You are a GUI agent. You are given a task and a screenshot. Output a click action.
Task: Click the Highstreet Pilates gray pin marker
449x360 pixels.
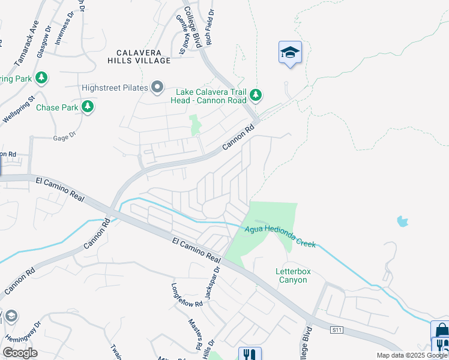click(x=157, y=88)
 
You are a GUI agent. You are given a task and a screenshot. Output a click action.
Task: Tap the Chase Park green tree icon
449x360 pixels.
click(x=88, y=107)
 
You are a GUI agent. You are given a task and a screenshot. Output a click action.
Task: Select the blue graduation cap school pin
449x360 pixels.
click(x=290, y=53)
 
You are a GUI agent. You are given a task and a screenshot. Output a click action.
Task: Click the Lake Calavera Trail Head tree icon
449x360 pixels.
click(x=256, y=95)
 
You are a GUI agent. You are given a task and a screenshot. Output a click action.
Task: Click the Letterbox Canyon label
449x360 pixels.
click(x=293, y=275)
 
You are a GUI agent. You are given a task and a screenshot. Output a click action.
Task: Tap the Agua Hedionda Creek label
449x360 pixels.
click(x=279, y=231)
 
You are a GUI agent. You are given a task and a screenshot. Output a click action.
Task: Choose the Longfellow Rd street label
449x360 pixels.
click(x=187, y=295)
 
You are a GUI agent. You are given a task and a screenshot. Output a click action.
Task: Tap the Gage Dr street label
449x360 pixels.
click(x=65, y=136)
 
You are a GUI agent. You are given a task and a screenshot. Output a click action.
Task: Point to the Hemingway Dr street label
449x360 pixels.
click(x=31, y=335)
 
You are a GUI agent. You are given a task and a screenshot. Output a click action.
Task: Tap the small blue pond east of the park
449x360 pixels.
click(x=402, y=221)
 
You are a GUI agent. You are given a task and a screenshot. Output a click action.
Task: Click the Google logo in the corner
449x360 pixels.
click(x=20, y=353)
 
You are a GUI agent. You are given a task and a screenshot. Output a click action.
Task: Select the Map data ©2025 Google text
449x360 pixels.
click(x=412, y=355)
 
